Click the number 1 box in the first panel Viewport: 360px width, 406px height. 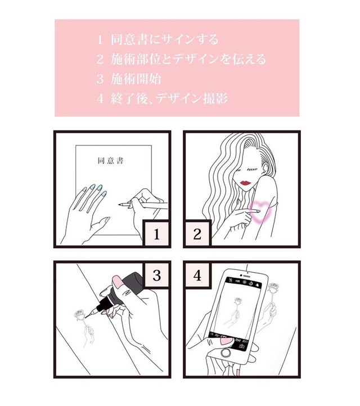tap(156, 234)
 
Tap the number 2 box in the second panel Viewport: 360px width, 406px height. tap(197, 234)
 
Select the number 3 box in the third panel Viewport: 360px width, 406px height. tap(157, 275)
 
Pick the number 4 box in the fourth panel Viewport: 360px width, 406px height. tap(197, 275)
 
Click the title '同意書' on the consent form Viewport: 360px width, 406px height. tap(111, 161)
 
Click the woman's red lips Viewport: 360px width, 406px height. tap(245, 183)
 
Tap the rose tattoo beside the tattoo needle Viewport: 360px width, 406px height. tap(79, 315)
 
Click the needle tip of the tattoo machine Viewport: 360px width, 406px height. tap(86, 318)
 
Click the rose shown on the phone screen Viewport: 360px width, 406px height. tap(237, 301)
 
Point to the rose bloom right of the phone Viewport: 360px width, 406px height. tap(273, 288)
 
